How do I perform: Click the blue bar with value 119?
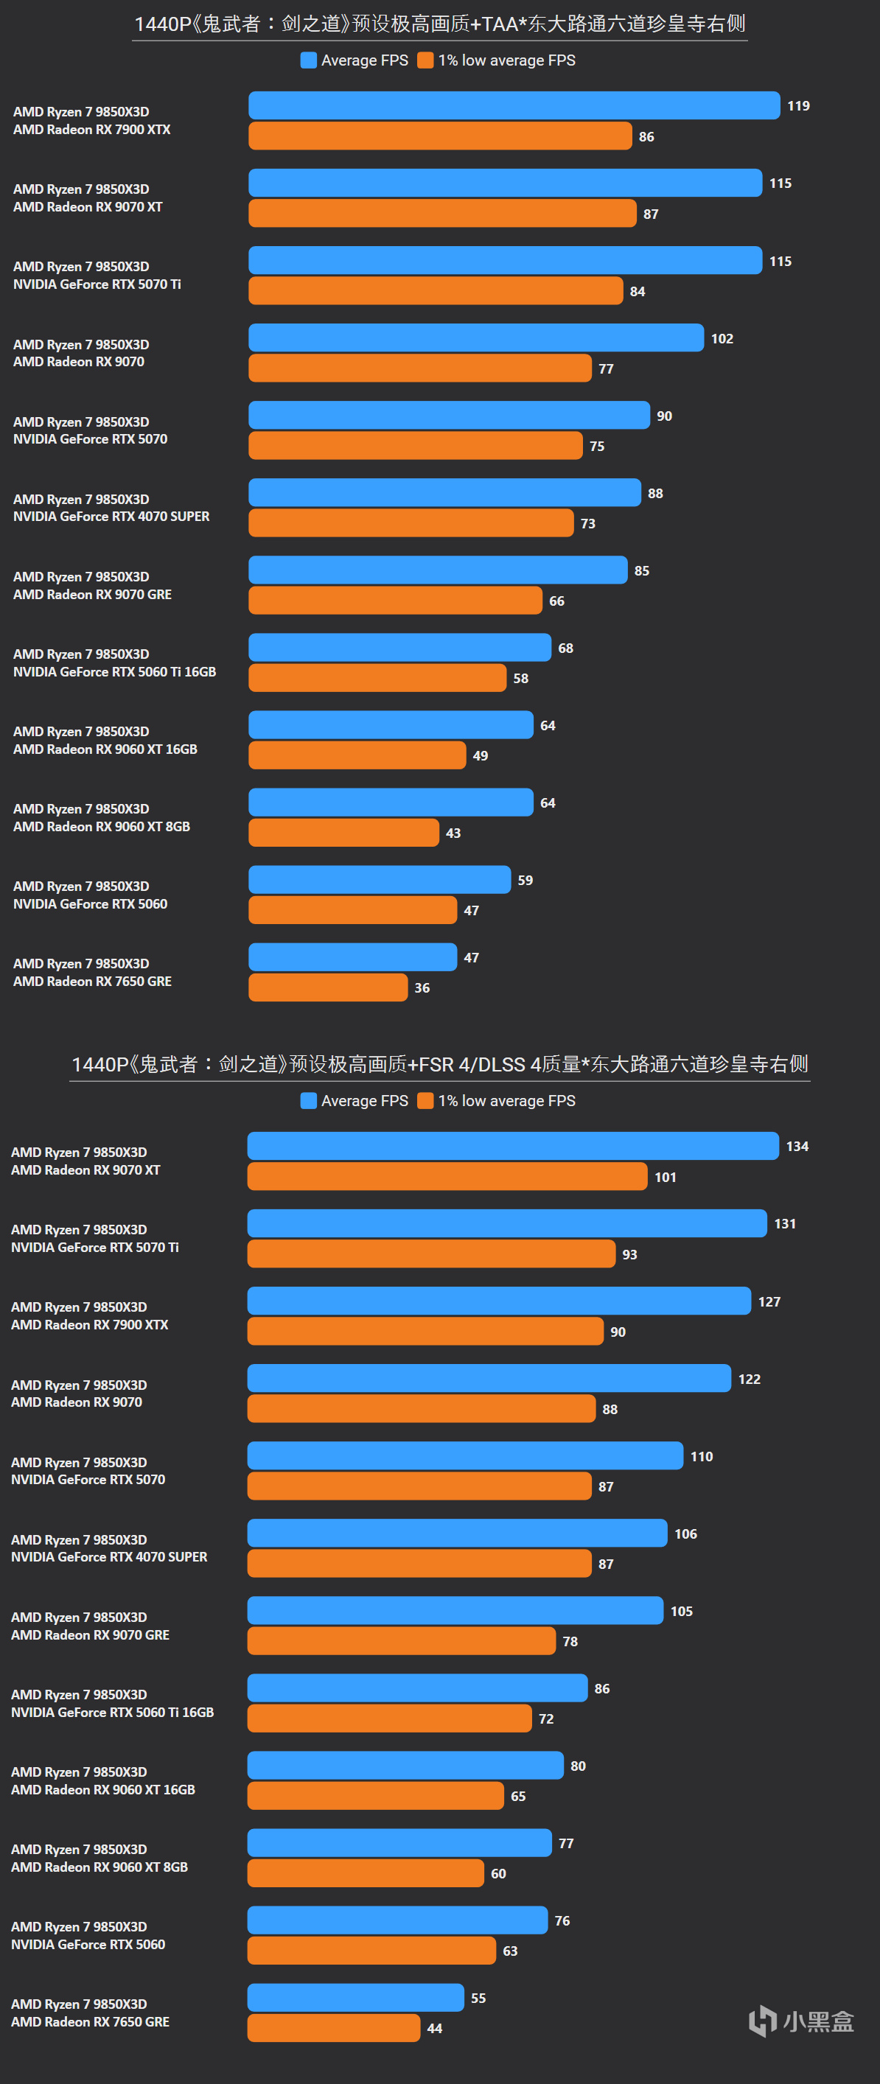(x=514, y=105)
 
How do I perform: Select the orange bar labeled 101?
(x=447, y=1176)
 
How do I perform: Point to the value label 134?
(x=797, y=1147)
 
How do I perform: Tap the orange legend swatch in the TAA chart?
(x=425, y=60)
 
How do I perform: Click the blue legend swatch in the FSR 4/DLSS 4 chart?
(x=308, y=1100)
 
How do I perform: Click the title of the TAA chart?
(x=440, y=24)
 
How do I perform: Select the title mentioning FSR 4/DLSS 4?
(x=440, y=1064)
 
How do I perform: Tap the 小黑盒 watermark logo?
(x=800, y=2021)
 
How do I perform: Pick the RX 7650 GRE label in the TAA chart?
(x=92, y=982)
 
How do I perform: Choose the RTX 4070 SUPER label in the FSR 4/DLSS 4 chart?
(x=109, y=1556)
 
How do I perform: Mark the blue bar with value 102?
(x=476, y=338)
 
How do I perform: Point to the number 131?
(x=785, y=1224)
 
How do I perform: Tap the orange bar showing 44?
(x=334, y=2028)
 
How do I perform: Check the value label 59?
(x=525, y=880)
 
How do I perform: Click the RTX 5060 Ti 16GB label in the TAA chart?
(x=115, y=671)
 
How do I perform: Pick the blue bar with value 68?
(x=399, y=647)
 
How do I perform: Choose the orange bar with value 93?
(x=431, y=1254)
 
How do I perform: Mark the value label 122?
(x=749, y=1380)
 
